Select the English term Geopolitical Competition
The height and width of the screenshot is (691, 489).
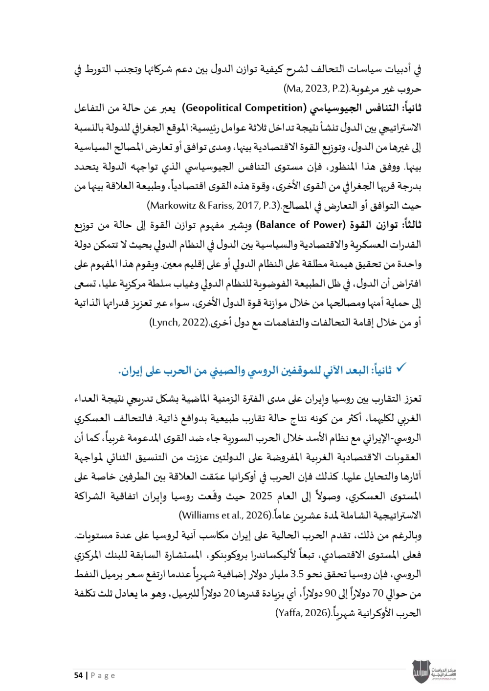point(245,108)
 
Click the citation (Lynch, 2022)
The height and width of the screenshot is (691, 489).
point(178,323)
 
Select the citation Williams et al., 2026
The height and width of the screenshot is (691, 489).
point(225,515)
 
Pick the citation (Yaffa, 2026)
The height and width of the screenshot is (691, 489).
point(304,613)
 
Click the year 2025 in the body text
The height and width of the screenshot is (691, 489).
point(261,496)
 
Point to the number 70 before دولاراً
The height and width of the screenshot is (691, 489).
point(378,593)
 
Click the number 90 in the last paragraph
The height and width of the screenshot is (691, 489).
point(331,593)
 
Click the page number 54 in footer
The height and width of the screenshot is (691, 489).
point(78,675)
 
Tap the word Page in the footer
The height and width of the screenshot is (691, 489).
point(103,675)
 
